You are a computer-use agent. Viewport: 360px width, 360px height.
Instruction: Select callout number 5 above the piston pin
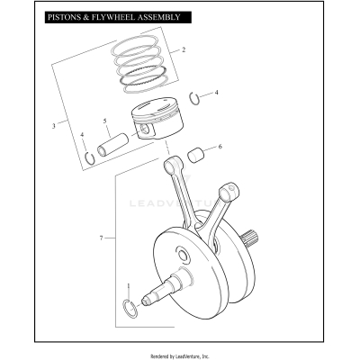(x=105, y=121)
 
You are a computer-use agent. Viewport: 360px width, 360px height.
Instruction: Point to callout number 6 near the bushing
(x=220, y=147)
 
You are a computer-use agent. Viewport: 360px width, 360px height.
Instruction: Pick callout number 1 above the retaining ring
(x=128, y=287)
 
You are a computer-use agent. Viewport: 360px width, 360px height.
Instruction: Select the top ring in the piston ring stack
(x=139, y=41)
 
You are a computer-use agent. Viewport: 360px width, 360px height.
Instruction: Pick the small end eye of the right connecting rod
(x=235, y=189)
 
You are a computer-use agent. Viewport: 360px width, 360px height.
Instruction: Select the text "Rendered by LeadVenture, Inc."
(x=180, y=355)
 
